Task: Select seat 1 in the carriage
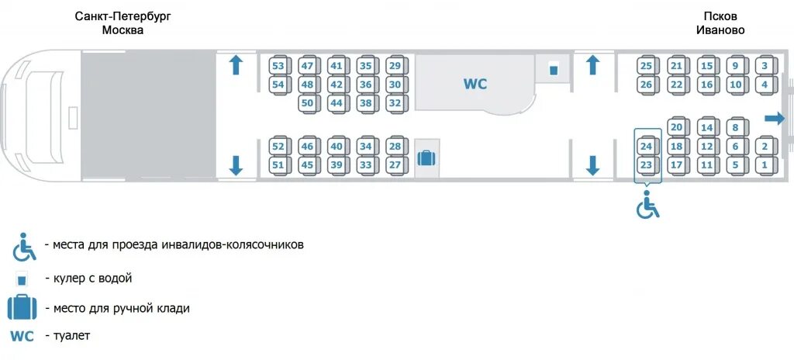[x=765, y=164]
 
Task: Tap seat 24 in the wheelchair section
[x=646, y=146]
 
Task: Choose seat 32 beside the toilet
[x=395, y=102]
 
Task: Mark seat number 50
[x=308, y=102]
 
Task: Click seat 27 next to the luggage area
[x=395, y=164]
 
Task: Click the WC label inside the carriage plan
[x=475, y=84]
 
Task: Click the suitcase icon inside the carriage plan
[x=426, y=158]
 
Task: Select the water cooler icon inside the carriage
[x=554, y=69]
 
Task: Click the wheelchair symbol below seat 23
[x=647, y=206]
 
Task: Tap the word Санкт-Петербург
[x=123, y=16]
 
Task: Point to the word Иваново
[x=720, y=30]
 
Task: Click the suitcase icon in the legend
[x=22, y=307]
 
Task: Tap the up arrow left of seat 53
[x=236, y=65]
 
